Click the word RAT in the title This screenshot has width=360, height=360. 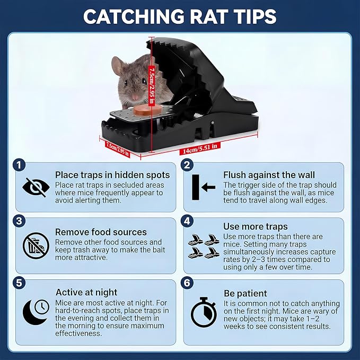[x=208, y=16]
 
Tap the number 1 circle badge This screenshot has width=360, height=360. [x=19, y=165]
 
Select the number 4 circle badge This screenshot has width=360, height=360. [x=187, y=221]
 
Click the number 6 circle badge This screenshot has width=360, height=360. [x=187, y=283]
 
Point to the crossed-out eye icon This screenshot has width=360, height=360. [x=36, y=187]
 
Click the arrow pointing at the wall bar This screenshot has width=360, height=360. [x=208, y=187]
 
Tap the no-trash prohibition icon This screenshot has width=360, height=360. [x=36, y=245]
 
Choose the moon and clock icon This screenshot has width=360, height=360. [x=36, y=312]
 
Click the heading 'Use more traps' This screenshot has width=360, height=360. [x=256, y=226]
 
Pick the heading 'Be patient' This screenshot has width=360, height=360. [x=245, y=293]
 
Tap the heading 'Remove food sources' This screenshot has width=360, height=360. [x=101, y=232]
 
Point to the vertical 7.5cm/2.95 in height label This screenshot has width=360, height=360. [x=152, y=85]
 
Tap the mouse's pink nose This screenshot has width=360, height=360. [x=135, y=98]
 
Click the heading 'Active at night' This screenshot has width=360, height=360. [x=86, y=292]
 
